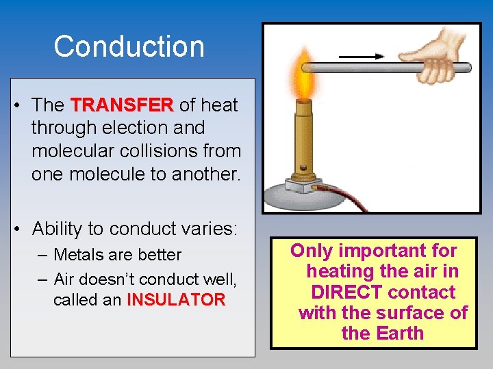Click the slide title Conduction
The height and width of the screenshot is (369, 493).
pyautogui.click(x=129, y=46)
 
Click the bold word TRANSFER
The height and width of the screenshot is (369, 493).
pyautogui.click(x=122, y=105)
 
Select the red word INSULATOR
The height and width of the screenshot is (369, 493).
pyautogui.click(x=176, y=299)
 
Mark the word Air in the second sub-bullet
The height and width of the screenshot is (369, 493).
pyautogui.click(x=64, y=279)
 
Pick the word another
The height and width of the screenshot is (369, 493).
pyautogui.click(x=206, y=174)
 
